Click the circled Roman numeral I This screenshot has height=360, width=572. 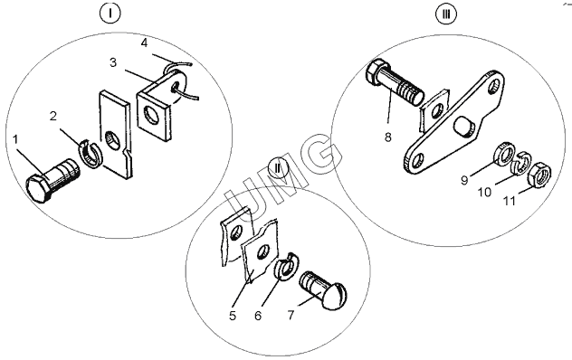[x=110, y=14]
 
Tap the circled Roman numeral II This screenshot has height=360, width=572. [x=278, y=168]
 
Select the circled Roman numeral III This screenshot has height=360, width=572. [x=446, y=14]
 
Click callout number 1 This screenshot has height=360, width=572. [x=15, y=139]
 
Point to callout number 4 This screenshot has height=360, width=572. [x=144, y=43]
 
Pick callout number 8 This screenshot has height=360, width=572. [x=387, y=137]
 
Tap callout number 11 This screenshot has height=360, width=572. [x=510, y=201]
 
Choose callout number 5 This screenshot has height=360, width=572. [x=233, y=316]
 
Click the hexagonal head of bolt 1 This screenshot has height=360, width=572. [x=38, y=188]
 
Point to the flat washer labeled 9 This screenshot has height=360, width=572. [x=504, y=156]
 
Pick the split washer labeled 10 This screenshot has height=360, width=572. [x=521, y=162]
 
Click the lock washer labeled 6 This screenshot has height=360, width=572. [x=287, y=266]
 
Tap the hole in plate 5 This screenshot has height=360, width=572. [x=263, y=252]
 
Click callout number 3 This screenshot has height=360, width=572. [x=113, y=62]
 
